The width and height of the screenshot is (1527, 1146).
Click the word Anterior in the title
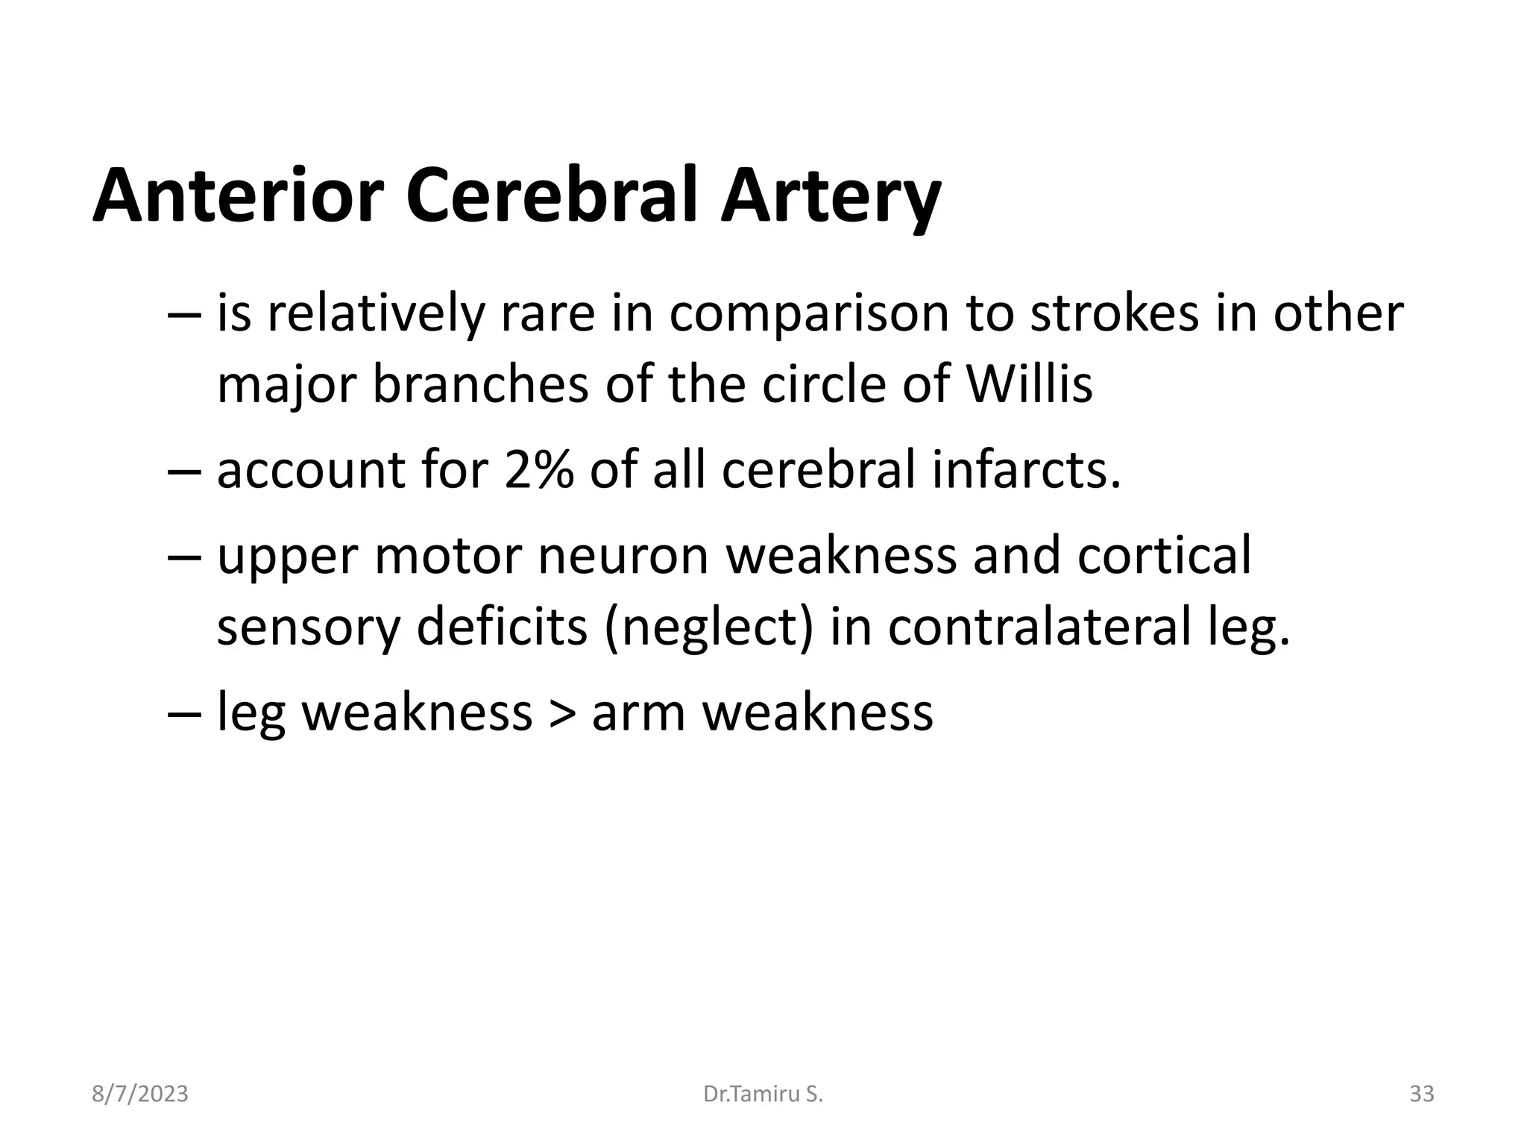[239, 196]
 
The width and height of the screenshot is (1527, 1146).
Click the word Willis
[1029, 384]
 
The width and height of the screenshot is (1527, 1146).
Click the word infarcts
[1026, 471]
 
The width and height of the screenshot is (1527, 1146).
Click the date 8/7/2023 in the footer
[140, 1095]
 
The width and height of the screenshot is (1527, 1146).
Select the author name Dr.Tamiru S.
[763, 1095]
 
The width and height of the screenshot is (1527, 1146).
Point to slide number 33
[1421, 1095]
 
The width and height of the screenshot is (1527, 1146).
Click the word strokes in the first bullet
[1115, 313]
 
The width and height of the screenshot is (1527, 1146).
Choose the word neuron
[623, 556]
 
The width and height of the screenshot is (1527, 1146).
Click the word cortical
[1164, 556]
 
